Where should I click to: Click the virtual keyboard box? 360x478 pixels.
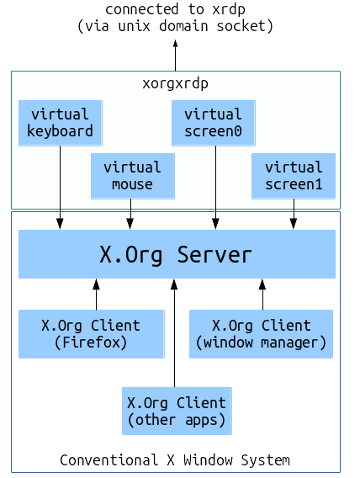[x=61, y=123]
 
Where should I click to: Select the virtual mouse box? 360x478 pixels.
[x=133, y=176]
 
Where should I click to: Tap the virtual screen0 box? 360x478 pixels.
[x=214, y=123]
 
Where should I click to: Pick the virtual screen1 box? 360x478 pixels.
[x=294, y=176]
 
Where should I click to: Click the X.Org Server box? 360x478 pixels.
[x=177, y=254]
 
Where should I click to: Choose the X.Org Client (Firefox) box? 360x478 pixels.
[x=92, y=334]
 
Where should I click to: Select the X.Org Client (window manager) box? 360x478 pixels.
[x=261, y=334]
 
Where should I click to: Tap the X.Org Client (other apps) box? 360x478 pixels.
[x=177, y=411]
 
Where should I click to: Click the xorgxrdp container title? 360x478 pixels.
[x=176, y=83]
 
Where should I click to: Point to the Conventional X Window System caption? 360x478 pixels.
[x=175, y=460]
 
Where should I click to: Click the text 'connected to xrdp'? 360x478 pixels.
[x=175, y=9]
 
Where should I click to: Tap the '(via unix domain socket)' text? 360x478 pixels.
[x=175, y=26]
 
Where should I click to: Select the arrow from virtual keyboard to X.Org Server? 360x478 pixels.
[x=60, y=188]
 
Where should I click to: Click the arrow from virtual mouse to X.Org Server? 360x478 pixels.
[x=130, y=214]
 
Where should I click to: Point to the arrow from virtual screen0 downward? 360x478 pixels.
[x=215, y=188]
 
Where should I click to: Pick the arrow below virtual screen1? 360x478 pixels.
[x=294, y=214]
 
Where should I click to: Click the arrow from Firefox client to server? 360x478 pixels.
[x=96, y=295]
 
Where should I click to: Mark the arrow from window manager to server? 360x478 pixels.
[x=262, y=295]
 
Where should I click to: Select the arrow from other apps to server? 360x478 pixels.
[x=174, y=333]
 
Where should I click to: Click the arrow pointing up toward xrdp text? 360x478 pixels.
[x=176, y=56]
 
